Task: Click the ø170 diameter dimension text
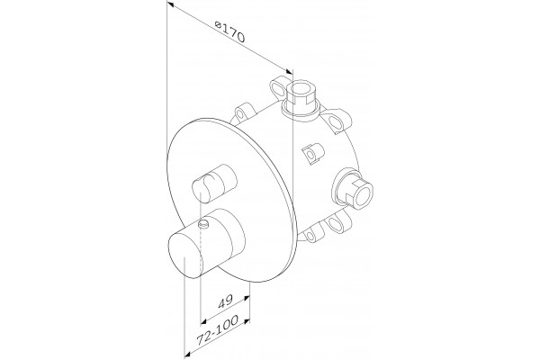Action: coord(229,31)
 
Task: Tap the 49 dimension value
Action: coord(226,301)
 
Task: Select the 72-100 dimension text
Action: coord(217,330)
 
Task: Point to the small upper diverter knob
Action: coord(214,184)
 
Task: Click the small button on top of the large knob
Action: coord(204,224)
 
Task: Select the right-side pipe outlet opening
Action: coord(362,194)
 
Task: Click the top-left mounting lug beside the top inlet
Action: coord(278,87)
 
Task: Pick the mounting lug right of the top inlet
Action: coord(339,121)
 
